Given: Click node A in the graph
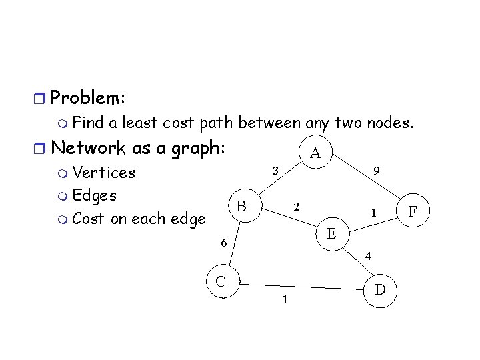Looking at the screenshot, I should [316, 154].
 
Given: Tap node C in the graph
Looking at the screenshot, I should [220, 281].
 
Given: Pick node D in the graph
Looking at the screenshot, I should [381, 289].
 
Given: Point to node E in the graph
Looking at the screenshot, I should [331, 233].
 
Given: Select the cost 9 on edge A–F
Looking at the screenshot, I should [377, 171].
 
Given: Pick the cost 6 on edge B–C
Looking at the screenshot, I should [225, 244].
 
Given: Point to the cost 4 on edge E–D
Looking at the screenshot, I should [368, 255].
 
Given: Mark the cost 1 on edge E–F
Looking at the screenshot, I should [375, 213].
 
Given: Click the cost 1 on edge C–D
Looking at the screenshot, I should [285, 300].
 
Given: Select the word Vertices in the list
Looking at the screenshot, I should [103, 173].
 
